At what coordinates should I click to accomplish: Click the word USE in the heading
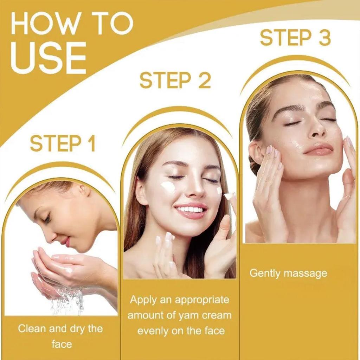(49, 57)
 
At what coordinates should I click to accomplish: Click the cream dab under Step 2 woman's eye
(168, 187)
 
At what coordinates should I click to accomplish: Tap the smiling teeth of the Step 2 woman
(190, 210)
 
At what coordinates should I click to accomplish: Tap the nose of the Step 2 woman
(195, 190)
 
